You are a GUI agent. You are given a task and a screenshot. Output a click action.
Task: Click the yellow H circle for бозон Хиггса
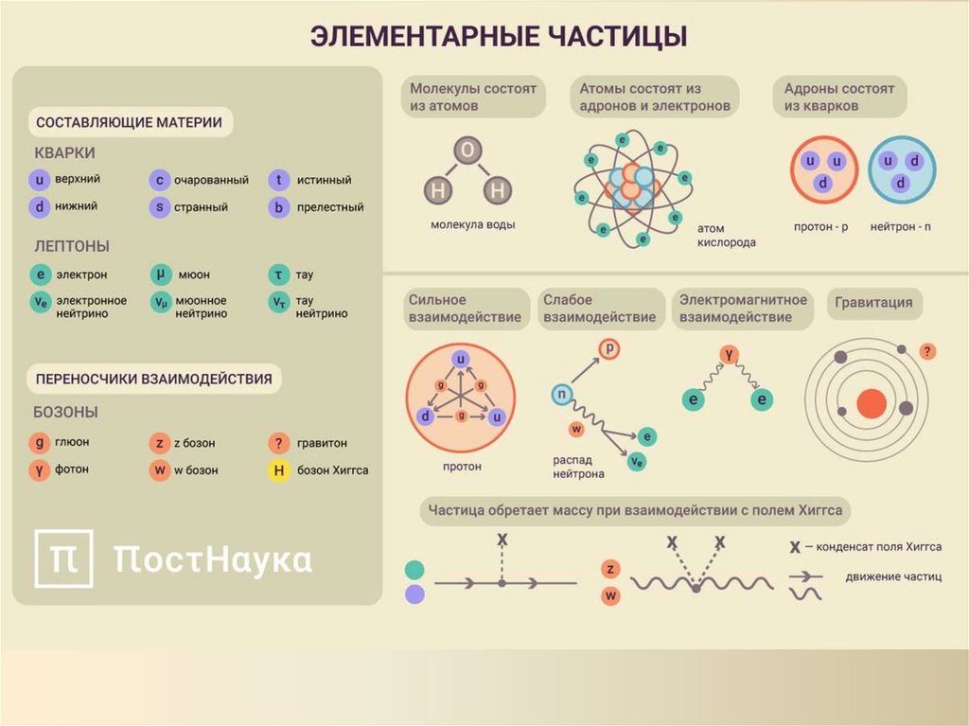(278, 470)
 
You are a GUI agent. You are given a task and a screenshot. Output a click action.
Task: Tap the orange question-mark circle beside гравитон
(278, 443)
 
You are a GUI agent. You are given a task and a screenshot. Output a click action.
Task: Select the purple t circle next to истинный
(278, 180)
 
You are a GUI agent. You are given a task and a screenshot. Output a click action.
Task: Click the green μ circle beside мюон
(161, 274)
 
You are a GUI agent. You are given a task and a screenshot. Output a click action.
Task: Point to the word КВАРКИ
(64, 153)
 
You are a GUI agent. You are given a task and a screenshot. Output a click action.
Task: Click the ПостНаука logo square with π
(63, 559)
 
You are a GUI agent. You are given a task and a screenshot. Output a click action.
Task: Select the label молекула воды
(472, 225)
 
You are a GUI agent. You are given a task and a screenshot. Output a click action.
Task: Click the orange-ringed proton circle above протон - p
(823, 170)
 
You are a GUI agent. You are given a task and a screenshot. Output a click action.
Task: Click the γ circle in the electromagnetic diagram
(729, 354)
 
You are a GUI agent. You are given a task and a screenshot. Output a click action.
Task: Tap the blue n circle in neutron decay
(562, 394)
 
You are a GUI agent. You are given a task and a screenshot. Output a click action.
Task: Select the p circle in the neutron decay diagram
(610, 349)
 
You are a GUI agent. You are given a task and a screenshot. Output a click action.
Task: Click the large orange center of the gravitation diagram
(871, 403)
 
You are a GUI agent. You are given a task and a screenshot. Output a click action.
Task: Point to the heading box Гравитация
(874, 303)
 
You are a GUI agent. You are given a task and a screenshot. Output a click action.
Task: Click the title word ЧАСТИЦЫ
(619, 37)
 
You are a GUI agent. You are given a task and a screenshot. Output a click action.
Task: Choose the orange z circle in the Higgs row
(611, 569)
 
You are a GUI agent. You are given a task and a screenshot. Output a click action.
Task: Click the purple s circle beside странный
(161, 207)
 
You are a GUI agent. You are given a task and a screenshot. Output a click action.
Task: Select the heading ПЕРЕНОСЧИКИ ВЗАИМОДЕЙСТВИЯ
(153, 380)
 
